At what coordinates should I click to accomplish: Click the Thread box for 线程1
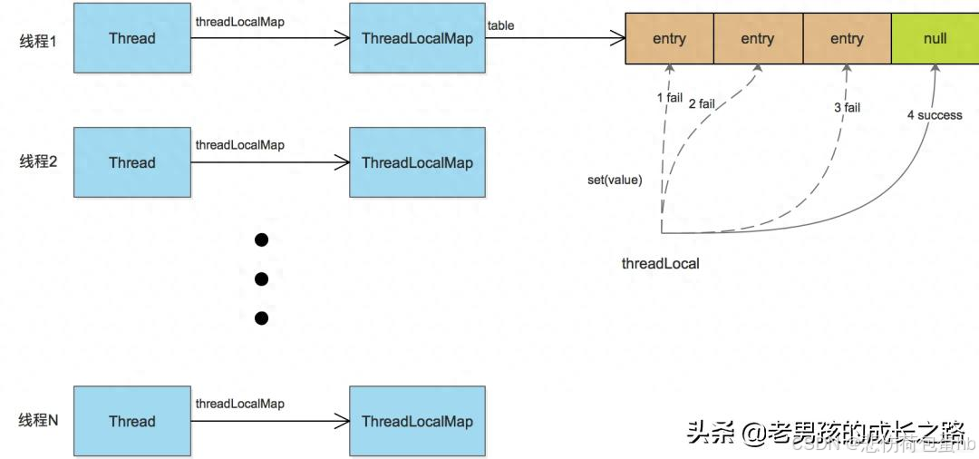pos(131,38)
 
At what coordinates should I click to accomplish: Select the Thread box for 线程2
pos(131,162)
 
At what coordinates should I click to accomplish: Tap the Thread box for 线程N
pos(131,421)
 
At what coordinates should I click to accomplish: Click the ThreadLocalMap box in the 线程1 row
pos(417,38)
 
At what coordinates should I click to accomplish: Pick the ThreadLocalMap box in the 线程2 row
pos(417,162)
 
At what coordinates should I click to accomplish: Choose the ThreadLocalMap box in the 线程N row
pos(417,421)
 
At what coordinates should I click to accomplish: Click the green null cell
pos(934,39)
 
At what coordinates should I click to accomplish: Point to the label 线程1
pos(38,40)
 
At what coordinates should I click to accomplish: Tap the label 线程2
pos(38,162)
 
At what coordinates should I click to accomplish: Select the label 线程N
pos(38,421)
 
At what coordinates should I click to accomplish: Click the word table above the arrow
pos(500,25)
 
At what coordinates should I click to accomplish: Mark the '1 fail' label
pos(669,97)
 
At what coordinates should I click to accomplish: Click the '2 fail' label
pos(702,103)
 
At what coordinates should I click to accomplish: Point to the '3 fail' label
pos(847,107)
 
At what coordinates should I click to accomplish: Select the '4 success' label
pos(934,115)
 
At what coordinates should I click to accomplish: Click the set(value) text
pos(615,180)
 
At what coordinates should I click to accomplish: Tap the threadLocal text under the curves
pos(660,264)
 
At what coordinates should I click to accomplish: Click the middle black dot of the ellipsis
pos(262,278)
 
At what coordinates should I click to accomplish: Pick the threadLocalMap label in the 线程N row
pos(239,404)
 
